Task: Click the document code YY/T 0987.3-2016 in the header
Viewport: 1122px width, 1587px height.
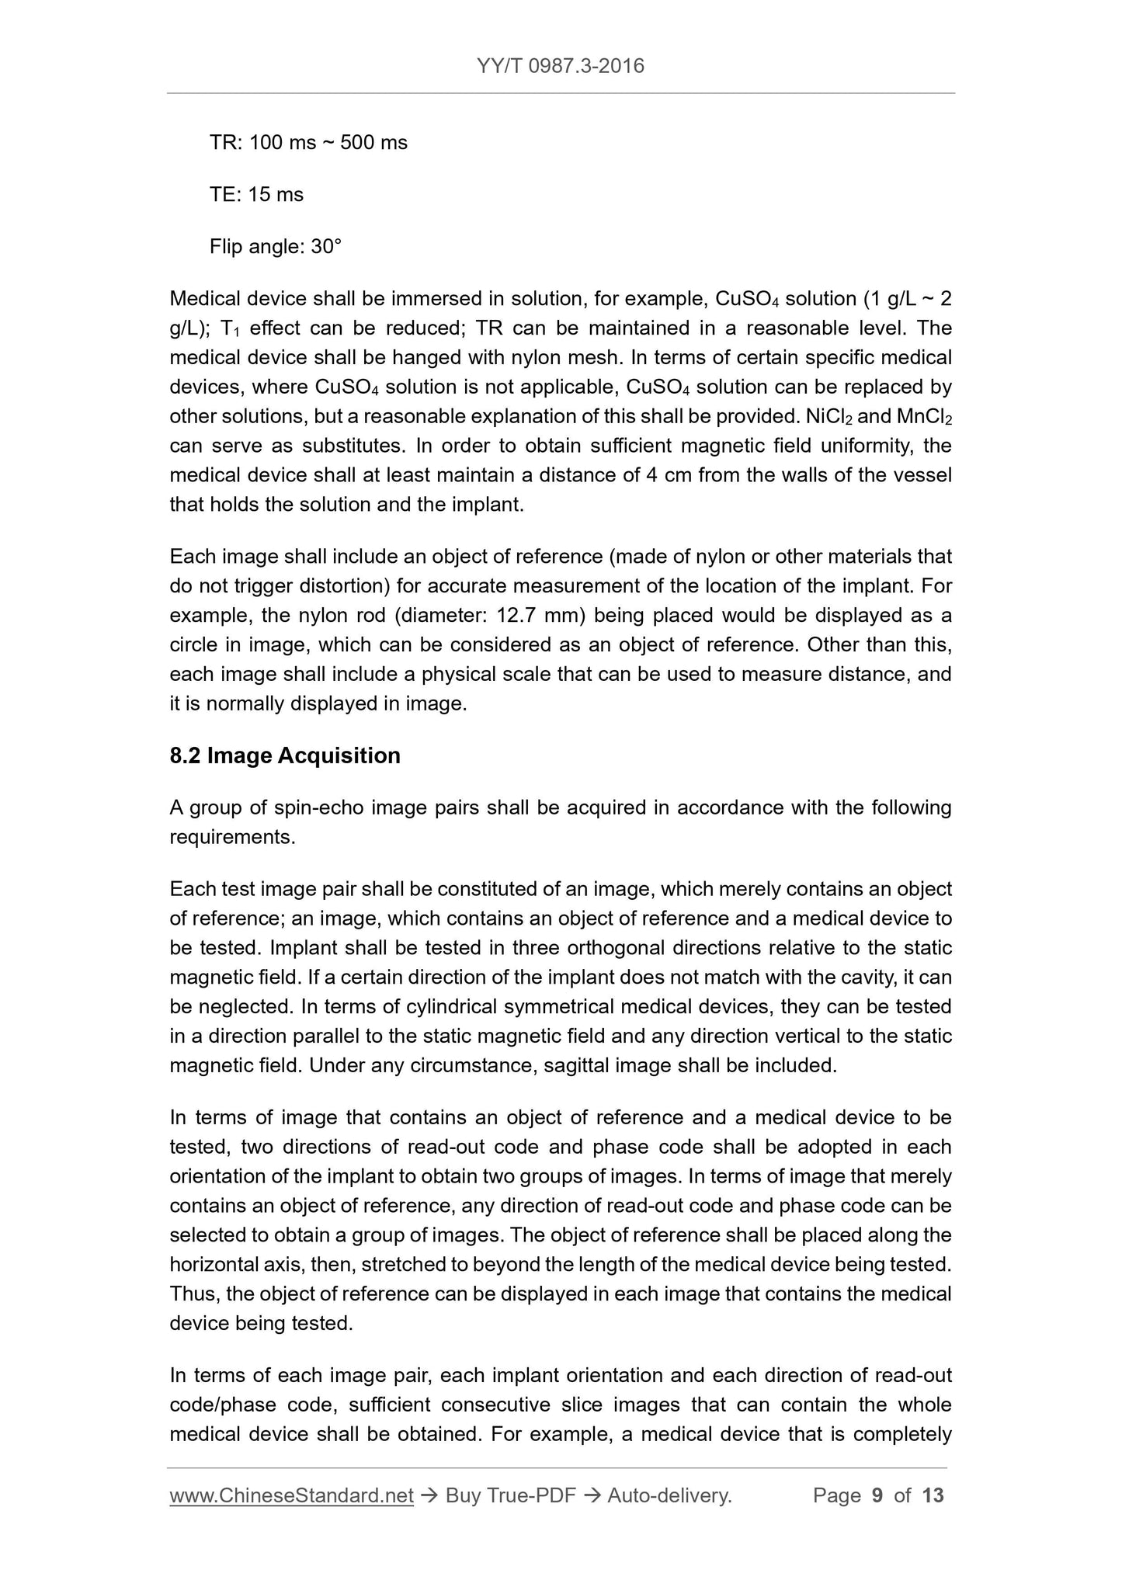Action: tap(560, 65)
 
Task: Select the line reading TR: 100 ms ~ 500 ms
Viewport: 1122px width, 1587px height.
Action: tap(308, 143)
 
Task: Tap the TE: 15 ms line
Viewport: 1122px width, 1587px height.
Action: tap(256, 194)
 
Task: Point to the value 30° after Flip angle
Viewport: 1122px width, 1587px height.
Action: tap(326, 247)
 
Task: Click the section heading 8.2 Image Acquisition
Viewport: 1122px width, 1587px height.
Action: tap(285, 755)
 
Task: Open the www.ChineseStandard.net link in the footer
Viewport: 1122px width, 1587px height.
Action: tap(291, 1495)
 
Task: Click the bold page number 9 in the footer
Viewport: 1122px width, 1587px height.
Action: tap(877, 1495)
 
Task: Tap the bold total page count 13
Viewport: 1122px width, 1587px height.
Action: tap(933, 1495)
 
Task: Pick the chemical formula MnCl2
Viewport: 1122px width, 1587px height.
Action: tap(924, 417)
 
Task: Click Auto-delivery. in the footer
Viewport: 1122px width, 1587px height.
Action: tap(670, 1495)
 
